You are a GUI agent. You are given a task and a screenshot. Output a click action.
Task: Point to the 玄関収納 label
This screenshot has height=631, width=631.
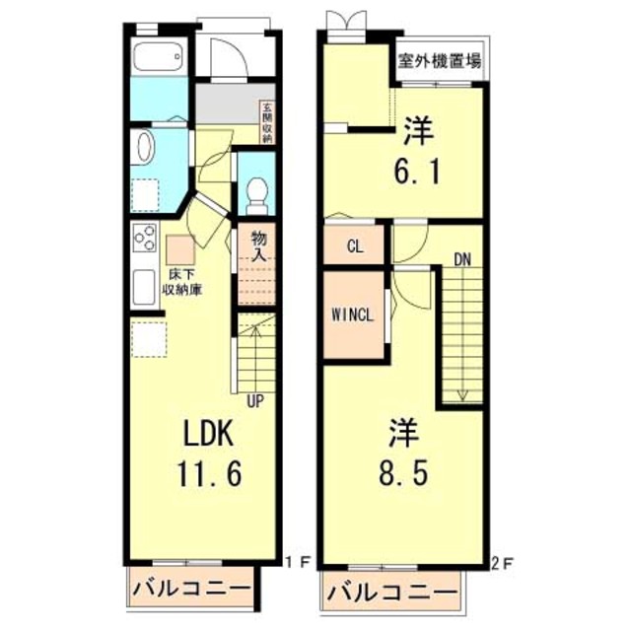tap(266, 124)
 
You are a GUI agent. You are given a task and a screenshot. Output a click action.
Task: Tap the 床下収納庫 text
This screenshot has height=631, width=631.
tap(183, 283)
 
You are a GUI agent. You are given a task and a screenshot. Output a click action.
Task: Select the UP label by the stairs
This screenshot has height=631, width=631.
tap(255, 400)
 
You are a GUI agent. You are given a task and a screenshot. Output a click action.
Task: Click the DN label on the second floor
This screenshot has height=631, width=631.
tap(462, 260)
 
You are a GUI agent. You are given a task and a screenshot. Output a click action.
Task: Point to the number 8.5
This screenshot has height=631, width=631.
tap(404, 474)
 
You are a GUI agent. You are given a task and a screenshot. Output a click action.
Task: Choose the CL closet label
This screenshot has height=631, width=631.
tap(354, 246)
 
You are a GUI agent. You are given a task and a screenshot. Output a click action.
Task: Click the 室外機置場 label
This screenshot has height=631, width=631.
tap(441, 61)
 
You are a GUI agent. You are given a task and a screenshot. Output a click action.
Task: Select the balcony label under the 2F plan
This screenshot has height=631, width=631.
tap(392, 594)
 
